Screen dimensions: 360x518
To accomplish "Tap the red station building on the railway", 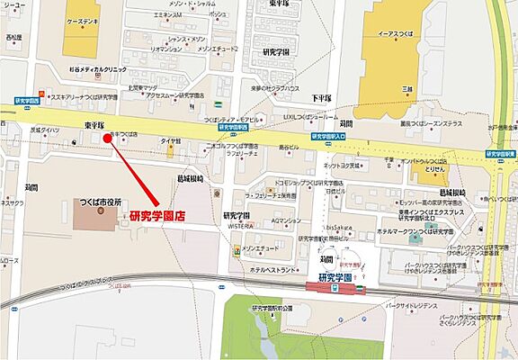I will click(x=331, y=288).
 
